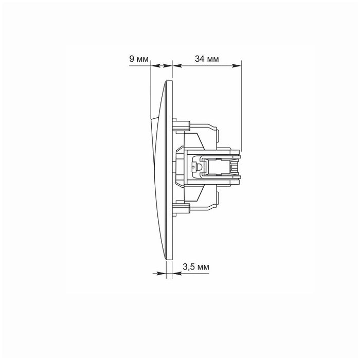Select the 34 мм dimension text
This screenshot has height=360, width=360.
click(x=207, y=59)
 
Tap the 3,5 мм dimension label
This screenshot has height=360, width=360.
click(x=196, y=267)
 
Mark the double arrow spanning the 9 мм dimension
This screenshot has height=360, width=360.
click(x=161, y=65)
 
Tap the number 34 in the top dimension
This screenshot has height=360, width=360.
click(x=199, y=59)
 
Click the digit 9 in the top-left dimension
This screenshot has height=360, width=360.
click(x=131, y=59)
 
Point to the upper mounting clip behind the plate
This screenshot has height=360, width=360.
click(x=183, y=123)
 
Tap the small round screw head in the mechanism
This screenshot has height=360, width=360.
click(x=195, y=167)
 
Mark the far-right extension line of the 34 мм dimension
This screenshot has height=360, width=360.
click(x=241, y=103)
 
